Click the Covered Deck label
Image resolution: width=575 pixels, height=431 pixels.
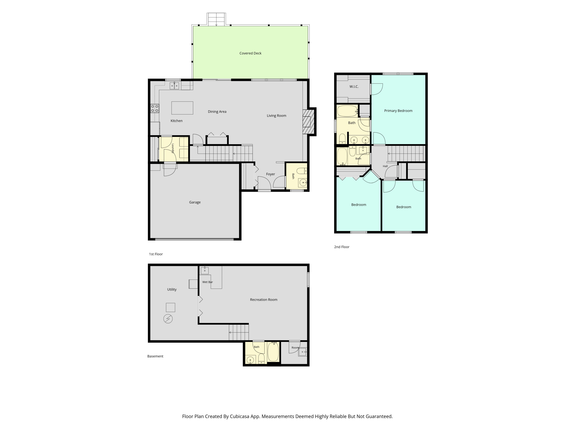[250, 53]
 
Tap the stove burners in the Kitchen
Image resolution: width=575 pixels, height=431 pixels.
[155, 109]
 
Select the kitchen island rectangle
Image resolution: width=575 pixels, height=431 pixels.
[182, 108]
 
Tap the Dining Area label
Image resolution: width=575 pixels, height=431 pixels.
[217, 112]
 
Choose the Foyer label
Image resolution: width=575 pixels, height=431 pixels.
[270, 174]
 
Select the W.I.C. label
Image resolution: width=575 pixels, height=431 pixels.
[354, 87]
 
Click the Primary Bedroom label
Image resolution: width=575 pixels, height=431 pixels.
[398, 111]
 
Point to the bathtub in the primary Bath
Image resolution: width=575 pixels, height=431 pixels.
[347, 111]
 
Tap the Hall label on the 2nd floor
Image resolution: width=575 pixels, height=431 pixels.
[385, 166]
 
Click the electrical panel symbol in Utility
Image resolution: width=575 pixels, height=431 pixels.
[168, 319]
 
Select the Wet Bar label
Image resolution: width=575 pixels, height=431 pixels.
[207, 282]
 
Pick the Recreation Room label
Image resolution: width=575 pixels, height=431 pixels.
[264, 300]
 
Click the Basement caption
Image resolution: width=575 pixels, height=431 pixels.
[155, 356]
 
